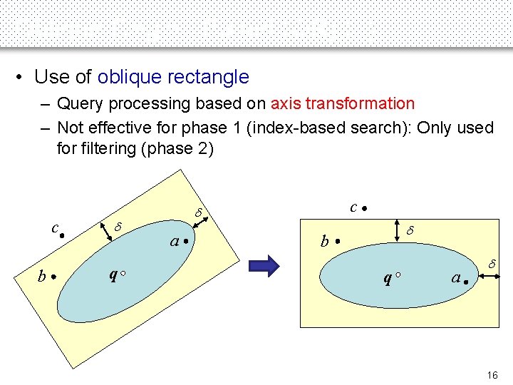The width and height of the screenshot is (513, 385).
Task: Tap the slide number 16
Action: pos(492,375)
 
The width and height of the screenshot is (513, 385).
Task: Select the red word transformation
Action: pos(360,103)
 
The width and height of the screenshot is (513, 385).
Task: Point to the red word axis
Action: pos(285,103)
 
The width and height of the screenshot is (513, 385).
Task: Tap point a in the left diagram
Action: pos(185,242)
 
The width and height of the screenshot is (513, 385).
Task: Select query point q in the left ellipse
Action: pos(124,274)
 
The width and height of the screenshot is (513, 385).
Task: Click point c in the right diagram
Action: pos(363,209)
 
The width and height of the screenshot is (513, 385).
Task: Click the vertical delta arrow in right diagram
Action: pos(396,232)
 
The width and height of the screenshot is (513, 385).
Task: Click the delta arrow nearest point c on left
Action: pos(109,230)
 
